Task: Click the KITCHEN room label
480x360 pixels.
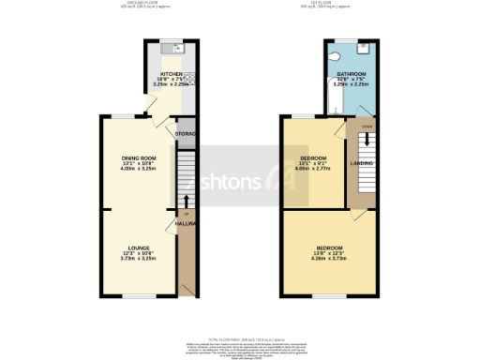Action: click(x=170, y=72)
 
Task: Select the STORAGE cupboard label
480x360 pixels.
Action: click(x=186, y=134)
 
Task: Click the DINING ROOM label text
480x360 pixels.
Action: click(x=138, y=158)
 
